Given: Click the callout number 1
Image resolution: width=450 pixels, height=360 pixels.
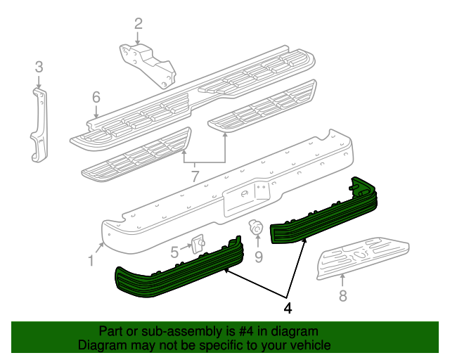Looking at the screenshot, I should [91, 261].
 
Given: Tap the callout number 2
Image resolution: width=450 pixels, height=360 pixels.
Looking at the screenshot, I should [138, 24].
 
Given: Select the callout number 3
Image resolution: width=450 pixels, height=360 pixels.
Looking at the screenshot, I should [39, 67].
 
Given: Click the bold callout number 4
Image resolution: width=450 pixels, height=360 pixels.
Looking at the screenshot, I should [288, 307].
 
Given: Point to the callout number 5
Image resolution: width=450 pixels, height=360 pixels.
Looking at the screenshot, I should [174, 250].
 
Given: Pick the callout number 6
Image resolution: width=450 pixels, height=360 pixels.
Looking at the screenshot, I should [96, 98].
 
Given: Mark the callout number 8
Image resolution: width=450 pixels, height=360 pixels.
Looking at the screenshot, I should [342, 296].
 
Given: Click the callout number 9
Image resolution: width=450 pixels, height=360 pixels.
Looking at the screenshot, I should [258, 257].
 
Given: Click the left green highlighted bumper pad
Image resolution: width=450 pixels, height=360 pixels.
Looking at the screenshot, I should [176, 271].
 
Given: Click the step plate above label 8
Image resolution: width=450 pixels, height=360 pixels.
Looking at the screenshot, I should [362, 253].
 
